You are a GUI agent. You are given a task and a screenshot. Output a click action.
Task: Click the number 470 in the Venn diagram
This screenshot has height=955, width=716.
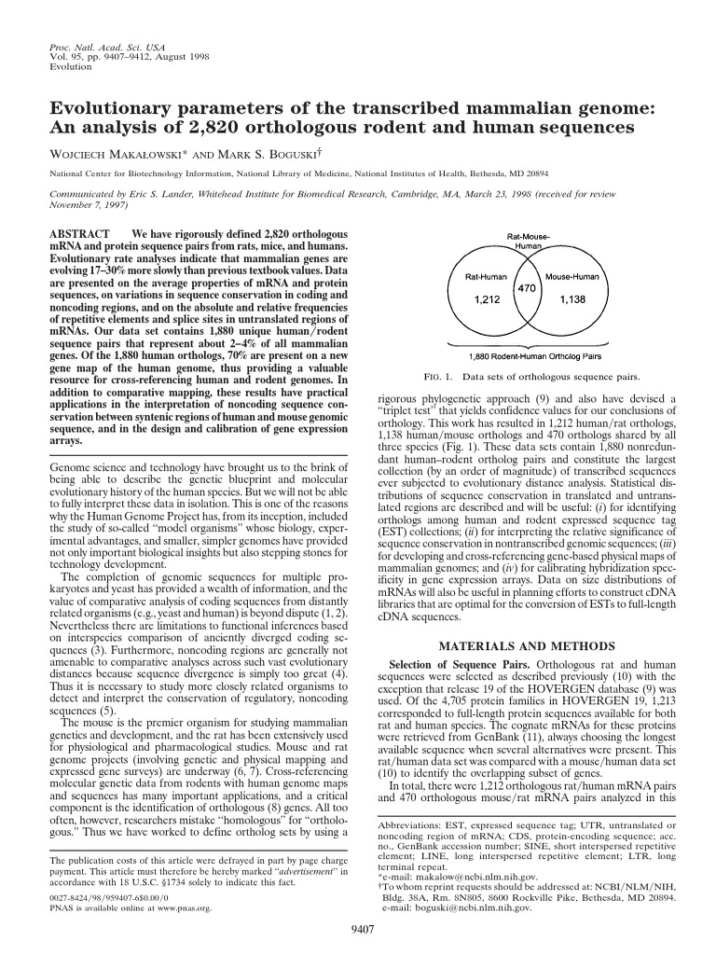coord(527,289)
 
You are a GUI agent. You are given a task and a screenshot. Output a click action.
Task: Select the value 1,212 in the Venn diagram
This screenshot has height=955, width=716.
coord(488,299)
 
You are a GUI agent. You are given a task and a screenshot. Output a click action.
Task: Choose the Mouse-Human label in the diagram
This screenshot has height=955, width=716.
coord(571,277)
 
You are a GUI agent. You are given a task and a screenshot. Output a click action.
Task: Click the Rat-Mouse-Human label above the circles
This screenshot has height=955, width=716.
coord(528,241)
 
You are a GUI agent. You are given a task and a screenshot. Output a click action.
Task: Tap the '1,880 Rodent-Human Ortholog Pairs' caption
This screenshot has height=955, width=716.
coord(528,354)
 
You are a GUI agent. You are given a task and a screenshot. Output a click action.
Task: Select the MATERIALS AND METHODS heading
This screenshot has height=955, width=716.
coord(527,645)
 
